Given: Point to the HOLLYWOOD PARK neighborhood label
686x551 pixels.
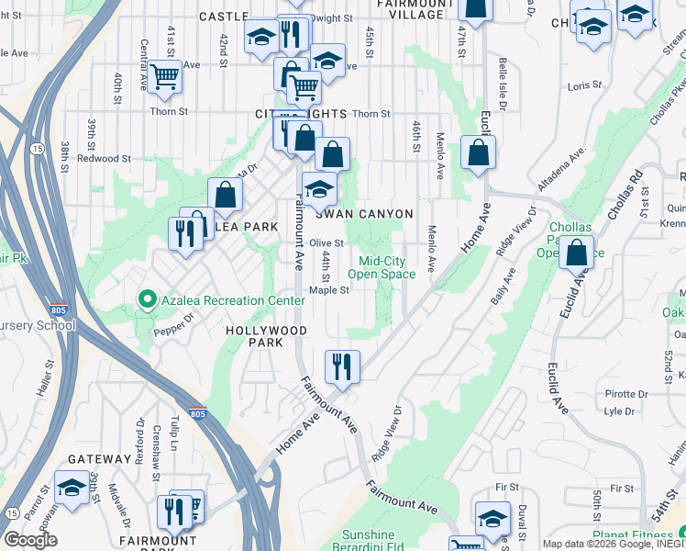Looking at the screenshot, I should click(265, 336).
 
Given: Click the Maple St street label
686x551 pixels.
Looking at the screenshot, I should click(329, 289).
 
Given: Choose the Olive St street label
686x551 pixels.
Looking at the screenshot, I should click(326, 243).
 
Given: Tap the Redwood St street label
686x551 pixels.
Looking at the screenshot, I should click(104, 158).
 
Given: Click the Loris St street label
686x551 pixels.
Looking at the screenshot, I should click(584, 85).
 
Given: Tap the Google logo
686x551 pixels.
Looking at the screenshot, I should click(30, 540).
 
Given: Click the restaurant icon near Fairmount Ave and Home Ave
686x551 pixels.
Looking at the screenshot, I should click(342, 365).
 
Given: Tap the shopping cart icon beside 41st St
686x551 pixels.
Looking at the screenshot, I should click(164, 77).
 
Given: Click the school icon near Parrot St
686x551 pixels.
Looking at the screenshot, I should click(71, 488).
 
